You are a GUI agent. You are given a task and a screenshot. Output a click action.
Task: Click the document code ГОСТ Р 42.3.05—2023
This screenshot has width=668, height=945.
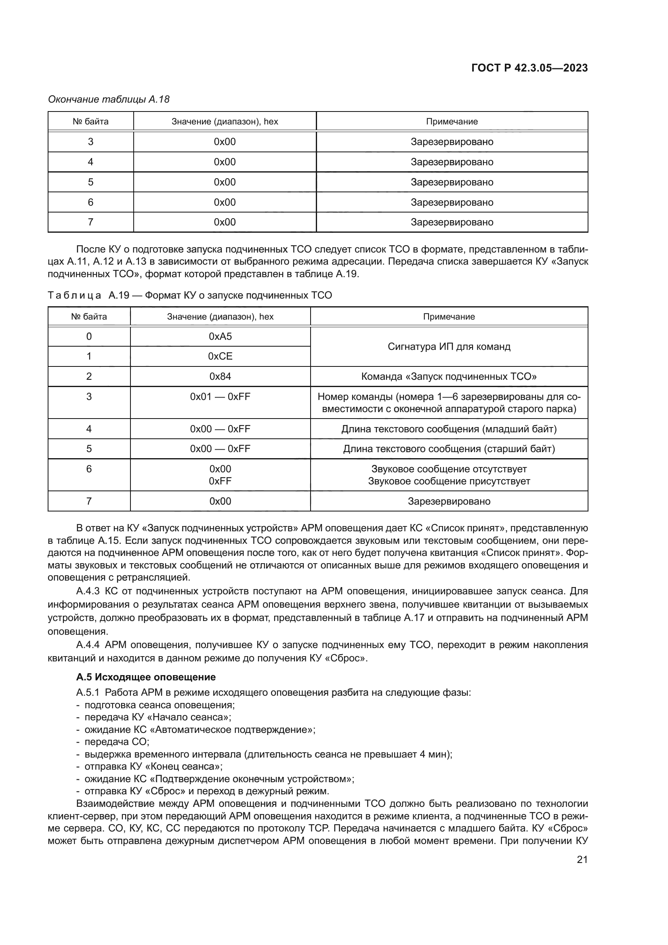(529, 68)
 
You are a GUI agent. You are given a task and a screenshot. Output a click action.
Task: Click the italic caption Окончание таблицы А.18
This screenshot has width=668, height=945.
(109, 99)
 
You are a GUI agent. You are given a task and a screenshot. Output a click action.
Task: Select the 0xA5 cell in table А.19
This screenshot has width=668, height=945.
(220, 336)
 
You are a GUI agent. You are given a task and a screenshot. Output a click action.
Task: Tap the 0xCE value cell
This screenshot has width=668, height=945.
(220, 356)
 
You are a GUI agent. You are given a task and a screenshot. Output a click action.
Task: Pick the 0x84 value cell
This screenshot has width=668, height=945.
(220, 376)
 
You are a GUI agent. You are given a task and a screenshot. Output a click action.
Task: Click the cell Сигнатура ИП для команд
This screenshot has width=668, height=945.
(449, 347)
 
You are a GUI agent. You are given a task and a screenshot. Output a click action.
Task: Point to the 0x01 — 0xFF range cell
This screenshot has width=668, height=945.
(220, 396)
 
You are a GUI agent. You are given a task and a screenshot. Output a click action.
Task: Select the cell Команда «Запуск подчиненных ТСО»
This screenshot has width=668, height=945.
(449, 376)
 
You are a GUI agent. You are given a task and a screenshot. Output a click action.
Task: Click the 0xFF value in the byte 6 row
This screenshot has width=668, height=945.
(220, 481)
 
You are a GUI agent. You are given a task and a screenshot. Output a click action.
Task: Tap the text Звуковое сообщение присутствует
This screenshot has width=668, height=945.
(449, 481)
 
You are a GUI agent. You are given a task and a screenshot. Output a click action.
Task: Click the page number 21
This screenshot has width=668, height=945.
(582, 859)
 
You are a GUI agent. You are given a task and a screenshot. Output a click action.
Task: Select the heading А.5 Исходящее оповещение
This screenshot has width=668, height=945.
(146, 677)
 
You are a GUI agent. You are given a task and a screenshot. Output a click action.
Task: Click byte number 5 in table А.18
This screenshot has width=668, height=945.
(90, 182)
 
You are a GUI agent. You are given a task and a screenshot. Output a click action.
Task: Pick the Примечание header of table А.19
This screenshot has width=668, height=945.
(449, 316)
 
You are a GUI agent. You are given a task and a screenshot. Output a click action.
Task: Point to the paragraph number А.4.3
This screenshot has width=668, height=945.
(88, 591)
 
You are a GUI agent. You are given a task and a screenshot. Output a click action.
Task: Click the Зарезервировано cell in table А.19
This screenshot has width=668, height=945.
(449, 501)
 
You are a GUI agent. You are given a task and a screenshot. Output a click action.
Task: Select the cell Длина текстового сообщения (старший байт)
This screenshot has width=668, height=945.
(449, 448)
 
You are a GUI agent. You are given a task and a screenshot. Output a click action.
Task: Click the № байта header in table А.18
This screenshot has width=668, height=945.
(90, 122)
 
